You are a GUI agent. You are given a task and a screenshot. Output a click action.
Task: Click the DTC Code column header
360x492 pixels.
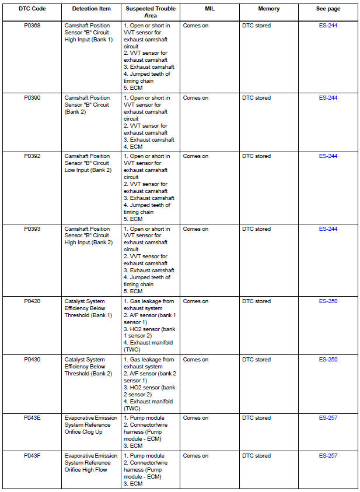coord(32,9)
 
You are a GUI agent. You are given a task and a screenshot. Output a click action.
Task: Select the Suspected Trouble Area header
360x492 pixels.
coord(151,12)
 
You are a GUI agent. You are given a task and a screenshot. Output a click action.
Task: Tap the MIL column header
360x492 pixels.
coord(210,9)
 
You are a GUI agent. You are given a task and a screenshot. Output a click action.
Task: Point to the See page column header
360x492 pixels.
coord(328,9)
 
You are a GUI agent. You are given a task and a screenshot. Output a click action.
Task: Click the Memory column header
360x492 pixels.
coord(269,9)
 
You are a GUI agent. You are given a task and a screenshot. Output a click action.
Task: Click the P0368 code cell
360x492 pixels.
coord(32,26)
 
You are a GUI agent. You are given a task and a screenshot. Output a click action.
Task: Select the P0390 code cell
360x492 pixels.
coord(32,98)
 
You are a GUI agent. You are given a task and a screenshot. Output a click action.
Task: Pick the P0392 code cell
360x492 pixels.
coord(32,156)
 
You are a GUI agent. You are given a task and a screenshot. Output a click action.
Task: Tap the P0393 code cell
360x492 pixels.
coord(32,229)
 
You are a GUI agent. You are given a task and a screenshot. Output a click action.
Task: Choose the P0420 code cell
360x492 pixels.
coord(32,301)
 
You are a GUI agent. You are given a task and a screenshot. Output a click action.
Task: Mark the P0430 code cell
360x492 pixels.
coord(32,360)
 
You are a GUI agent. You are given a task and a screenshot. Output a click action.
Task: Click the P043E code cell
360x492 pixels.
coord(32,418)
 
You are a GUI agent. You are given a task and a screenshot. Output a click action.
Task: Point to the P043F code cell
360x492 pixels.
coord(32,456)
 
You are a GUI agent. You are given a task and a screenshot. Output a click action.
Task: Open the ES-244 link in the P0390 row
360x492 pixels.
coord(328,98)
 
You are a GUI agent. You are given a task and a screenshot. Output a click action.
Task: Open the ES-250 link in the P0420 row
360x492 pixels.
coord(328,301)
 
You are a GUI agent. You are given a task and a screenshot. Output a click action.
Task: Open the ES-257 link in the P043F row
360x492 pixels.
coord(328,456)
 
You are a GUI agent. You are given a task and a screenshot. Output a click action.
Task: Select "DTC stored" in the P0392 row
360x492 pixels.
coord(256,156)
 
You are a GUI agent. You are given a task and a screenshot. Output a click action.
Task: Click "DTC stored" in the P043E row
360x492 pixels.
coord(256,418)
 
